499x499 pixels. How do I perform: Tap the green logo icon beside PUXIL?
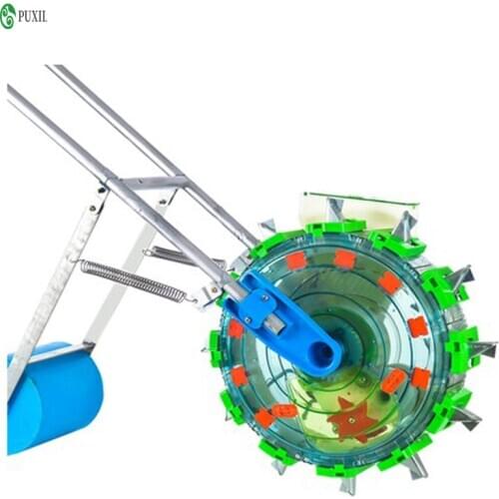(8, 15)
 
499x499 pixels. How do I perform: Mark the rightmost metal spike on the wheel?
(483, 349)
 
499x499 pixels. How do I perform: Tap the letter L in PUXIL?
(44, 15)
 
